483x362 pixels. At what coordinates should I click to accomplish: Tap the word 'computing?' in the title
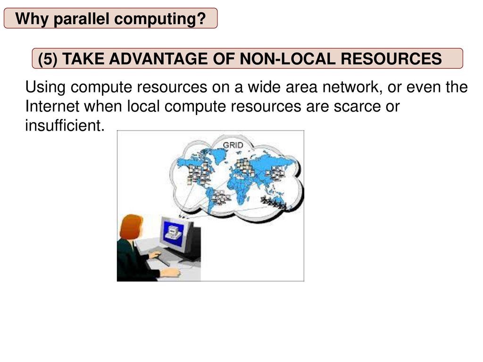click(160, 19)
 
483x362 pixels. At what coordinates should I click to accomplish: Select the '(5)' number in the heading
click(48, 59)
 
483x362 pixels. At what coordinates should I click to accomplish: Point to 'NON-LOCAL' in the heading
click(287, 58)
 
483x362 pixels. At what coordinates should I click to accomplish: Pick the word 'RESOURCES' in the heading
click(391, 58)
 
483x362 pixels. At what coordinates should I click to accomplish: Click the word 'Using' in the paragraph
click(45, 87)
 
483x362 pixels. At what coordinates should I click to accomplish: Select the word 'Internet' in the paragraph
click(52, 106)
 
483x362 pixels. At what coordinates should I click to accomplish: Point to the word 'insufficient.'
click(65, 125)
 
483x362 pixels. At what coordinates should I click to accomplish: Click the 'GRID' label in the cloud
click(233, 145)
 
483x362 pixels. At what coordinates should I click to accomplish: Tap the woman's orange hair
click(131, 227)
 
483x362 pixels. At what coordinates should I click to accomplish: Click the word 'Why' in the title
click(32, 19)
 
